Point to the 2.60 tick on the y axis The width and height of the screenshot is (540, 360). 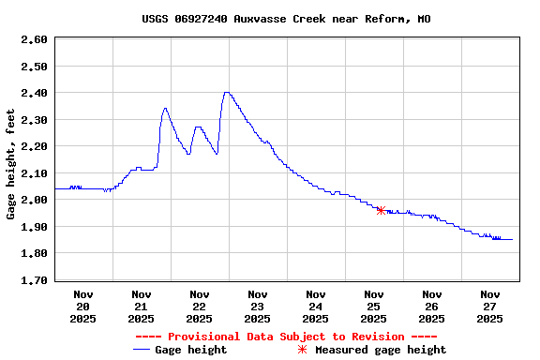34,39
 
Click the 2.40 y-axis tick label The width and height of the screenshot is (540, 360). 34,93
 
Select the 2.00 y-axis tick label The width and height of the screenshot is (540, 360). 34,200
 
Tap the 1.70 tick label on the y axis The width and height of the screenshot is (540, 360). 34,280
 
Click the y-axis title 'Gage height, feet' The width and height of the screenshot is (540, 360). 10,164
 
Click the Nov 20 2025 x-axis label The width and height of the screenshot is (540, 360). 82,306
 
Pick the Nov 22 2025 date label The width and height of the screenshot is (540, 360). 199,306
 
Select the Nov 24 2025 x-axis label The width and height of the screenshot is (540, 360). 315,306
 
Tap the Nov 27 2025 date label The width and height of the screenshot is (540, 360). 489,306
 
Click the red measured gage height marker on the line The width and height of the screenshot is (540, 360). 381,210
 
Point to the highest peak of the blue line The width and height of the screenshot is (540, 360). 226,92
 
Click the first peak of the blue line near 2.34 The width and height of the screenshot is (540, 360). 165,108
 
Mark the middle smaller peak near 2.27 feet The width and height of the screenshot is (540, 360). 197,127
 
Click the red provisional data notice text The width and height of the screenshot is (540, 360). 286,337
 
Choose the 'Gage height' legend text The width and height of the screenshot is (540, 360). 190,350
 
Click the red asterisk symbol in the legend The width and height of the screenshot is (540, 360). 302,350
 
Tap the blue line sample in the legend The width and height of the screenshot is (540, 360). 142,350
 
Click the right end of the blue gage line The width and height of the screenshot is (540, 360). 512,239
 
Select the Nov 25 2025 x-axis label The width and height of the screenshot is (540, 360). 373,306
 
